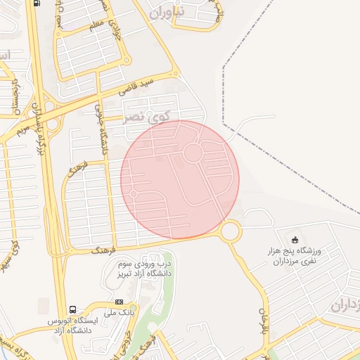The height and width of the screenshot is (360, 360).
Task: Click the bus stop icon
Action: [73, 310]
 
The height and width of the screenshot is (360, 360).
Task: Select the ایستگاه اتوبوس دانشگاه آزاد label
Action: [72, 325]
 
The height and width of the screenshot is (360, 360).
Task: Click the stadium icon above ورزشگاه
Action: [294, 240]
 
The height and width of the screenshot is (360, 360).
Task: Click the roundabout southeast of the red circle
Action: [230, 231]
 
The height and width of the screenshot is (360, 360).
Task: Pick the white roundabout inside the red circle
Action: [193, 153]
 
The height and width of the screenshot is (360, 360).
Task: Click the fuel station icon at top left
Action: [37, 3]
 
